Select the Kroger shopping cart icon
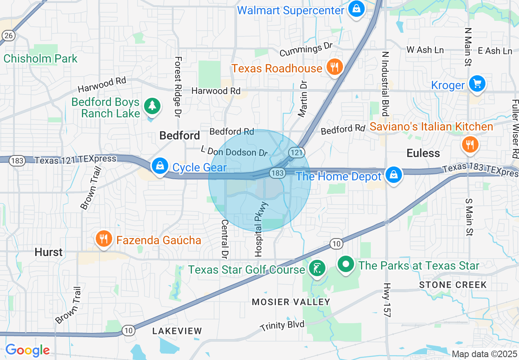click(477, 84)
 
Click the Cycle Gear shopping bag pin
click(159, 166)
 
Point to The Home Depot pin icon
click(393, 175)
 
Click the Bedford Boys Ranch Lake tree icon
click(152, 106)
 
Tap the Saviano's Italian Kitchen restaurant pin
click(470, 144)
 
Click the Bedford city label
click(180, 135)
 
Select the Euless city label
click(423, 153)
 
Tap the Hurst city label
click(49, 252)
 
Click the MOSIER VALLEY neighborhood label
click(291, 302)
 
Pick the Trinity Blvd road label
click(283, 326)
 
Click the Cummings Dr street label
click(306, 50)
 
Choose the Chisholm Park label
click(41, 59)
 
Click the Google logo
click(27, 350)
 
